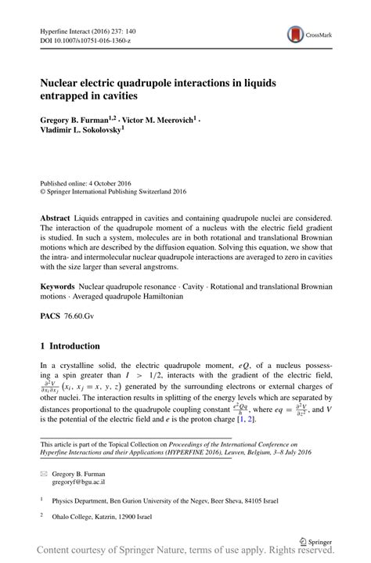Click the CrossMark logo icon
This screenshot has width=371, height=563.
296,33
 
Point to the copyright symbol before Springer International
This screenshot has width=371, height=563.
43,190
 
